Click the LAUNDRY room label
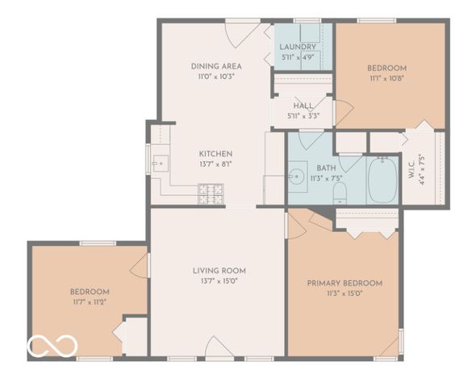pos(299,47)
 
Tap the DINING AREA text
pos(216,66)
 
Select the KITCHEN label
pos(216,153)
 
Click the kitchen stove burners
pos(211,192)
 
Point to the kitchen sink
pos(159,164)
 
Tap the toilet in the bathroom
pos(340,192)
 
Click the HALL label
pos(303,106)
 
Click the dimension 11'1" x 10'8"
pos(386,79)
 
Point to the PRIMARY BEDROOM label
pos(344,283)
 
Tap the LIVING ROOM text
pos(219,271)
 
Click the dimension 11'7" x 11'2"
pos(89,302)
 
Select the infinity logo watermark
pos(52,346)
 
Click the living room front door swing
pos(218,348)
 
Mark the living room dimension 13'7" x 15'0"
pos(219,281)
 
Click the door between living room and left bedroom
pos(140,265)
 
